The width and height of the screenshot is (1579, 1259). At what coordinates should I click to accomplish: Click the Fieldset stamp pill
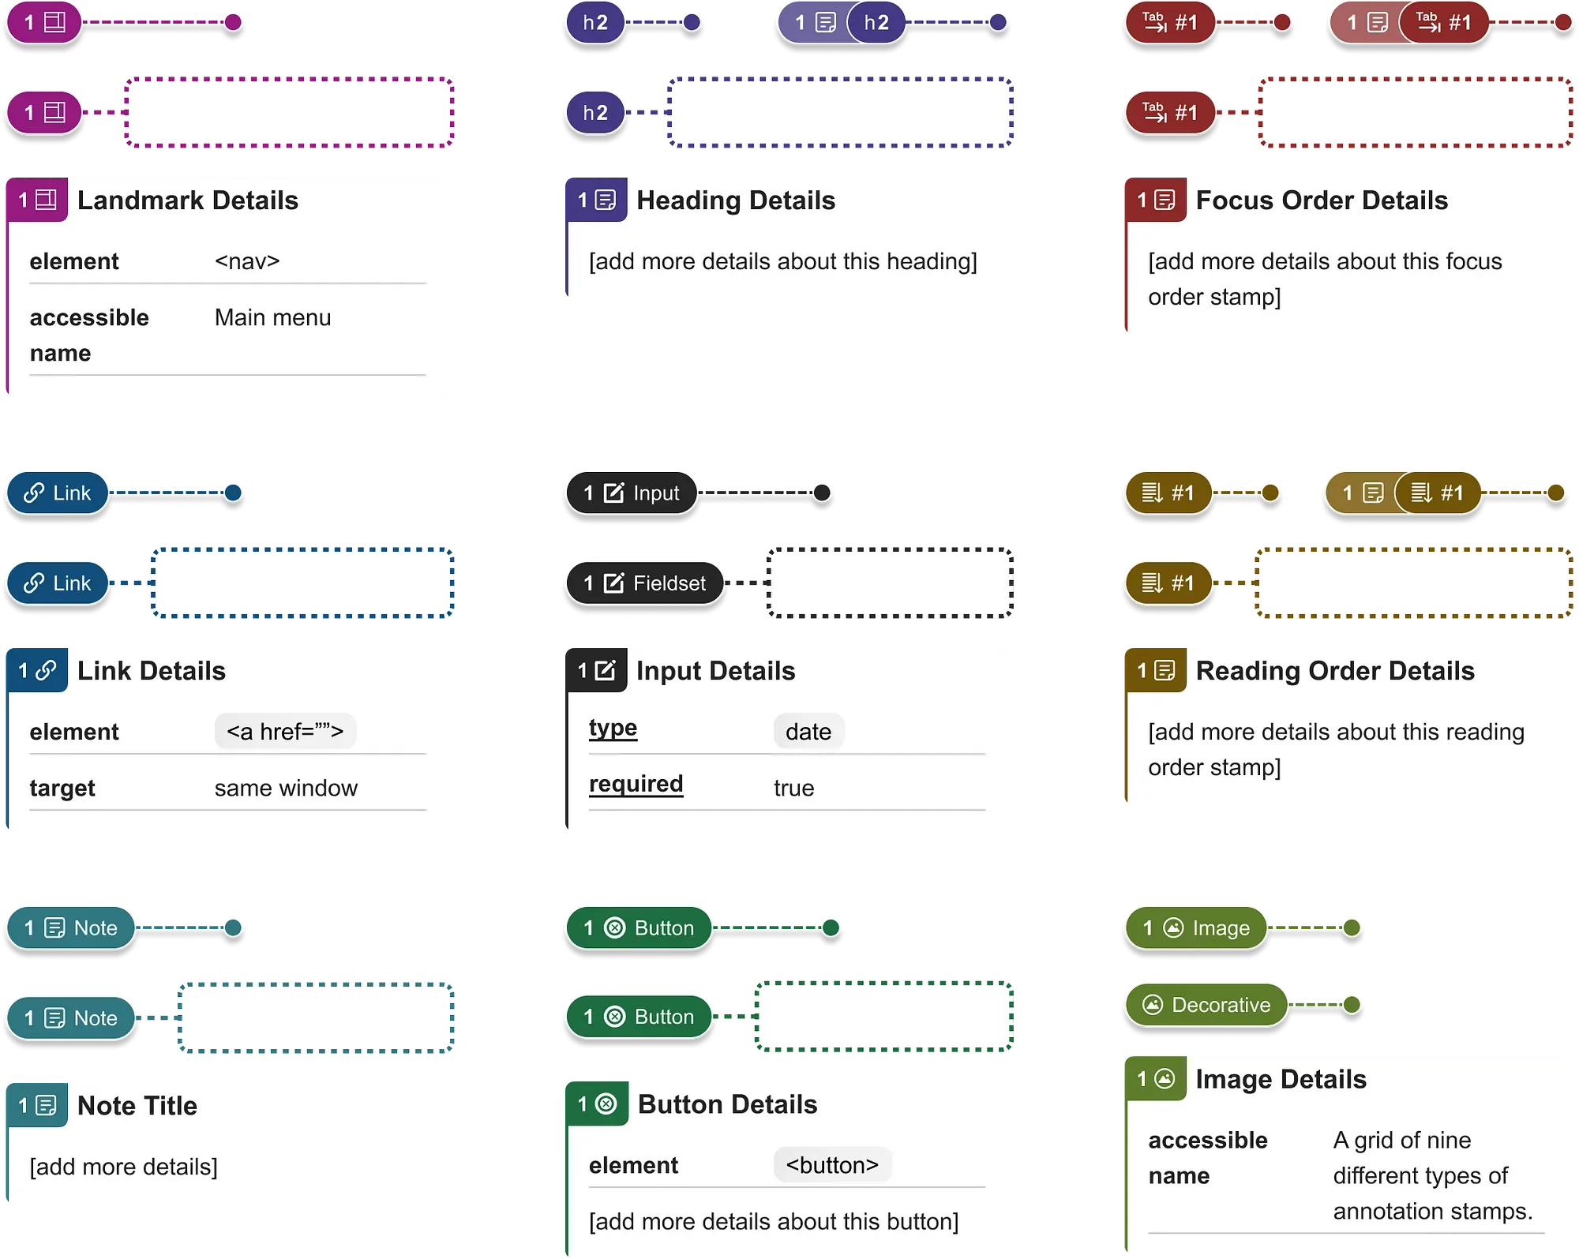click(645, 583)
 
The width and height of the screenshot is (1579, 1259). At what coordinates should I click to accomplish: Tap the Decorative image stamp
click(1206, 1005)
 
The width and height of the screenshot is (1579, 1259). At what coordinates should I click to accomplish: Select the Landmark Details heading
click(187, 200)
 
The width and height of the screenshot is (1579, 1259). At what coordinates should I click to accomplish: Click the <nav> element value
click(247, 261)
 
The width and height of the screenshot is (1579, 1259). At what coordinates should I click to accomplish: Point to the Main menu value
click(272, 317)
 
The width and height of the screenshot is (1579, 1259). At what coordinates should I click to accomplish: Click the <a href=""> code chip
click(285, 732)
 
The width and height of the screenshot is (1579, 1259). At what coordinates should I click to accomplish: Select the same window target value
click(286, 788)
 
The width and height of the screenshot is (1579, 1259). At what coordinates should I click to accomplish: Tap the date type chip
click(808, 732)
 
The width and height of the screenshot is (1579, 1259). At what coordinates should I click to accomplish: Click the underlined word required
click(636, 784)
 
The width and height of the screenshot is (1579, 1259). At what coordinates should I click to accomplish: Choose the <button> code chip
click(832, 1165)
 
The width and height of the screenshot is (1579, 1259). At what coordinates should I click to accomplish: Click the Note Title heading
click(137, 1106)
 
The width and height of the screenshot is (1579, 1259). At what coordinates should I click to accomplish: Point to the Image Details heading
click(1281, 1079)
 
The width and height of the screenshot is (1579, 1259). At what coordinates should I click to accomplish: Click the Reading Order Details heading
click(1334, 671)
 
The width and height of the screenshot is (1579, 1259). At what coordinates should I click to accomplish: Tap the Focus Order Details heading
click(1322, 200)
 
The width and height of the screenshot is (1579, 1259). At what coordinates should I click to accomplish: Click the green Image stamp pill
click(1196, 928)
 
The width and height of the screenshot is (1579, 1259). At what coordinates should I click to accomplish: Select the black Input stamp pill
click(632, 493)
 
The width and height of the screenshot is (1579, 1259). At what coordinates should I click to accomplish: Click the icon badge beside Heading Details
click(596, 200)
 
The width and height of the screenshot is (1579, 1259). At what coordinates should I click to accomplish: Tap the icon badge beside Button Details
click(597, 1104)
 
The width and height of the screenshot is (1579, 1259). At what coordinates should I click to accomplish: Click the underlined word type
click(613, 728)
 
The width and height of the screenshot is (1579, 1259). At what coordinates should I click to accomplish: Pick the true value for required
click(793, 788)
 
